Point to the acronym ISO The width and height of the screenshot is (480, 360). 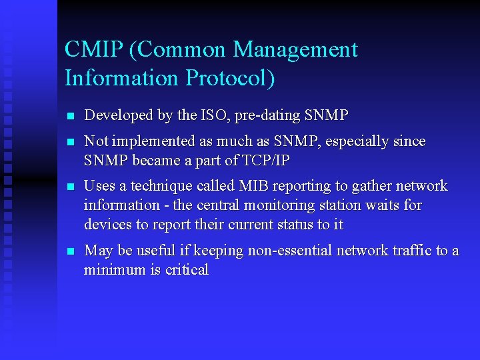215,115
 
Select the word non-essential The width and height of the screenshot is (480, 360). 289,251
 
